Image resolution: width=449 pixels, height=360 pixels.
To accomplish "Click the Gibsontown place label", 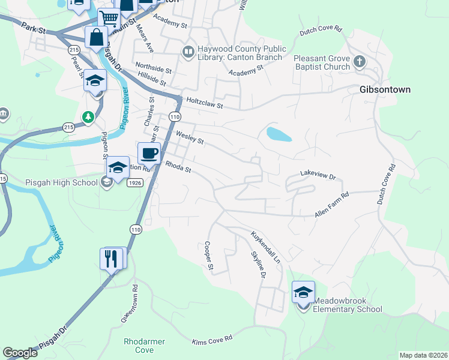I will coord(385,89).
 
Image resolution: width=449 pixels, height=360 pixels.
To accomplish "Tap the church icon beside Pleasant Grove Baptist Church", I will coord(359,61).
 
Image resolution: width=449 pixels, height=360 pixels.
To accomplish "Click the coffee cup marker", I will coord(149,153).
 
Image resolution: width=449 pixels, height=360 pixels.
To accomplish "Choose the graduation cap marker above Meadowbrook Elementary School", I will coord(303,292).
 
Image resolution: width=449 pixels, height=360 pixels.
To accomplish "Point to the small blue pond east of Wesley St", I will coord(279,134).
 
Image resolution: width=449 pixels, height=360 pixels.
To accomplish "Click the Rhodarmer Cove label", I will coord(144,346).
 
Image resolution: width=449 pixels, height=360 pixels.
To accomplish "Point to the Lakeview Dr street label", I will coord(318,177).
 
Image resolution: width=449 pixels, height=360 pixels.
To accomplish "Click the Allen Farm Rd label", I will coord(331,205).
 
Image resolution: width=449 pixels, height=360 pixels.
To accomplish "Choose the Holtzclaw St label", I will coord(205,104).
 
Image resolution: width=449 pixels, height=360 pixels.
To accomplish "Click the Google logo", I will coord(20,353).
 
